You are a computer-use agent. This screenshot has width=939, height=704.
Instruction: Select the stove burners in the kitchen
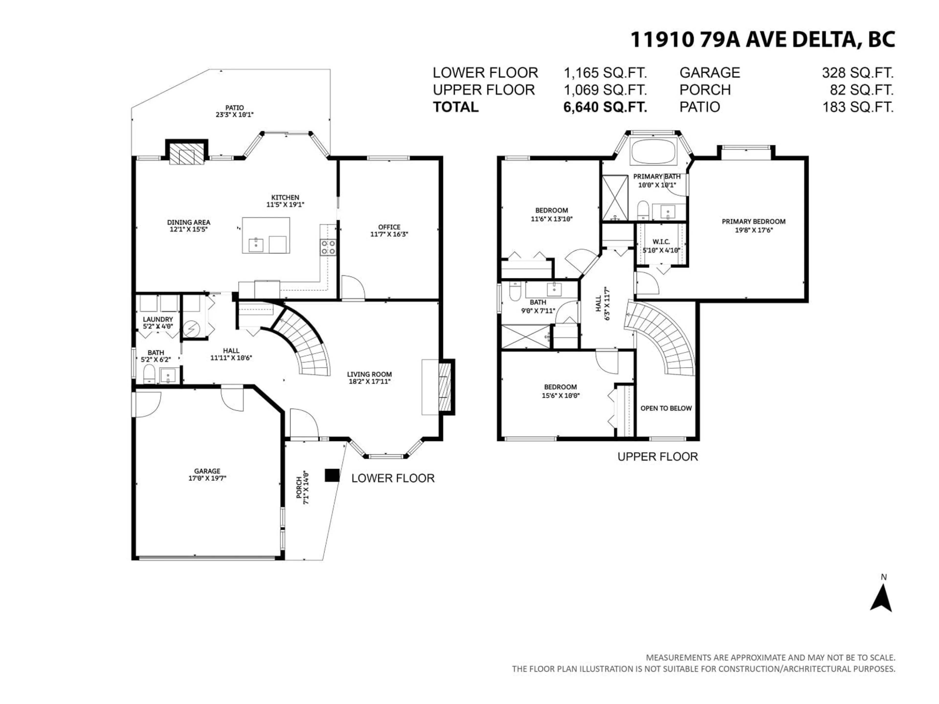tap(328, 247)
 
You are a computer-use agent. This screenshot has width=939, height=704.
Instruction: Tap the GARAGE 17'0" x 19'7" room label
tap(207, 474)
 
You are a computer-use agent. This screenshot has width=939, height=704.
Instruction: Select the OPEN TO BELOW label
tap(666, 408)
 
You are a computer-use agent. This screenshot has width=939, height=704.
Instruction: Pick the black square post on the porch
tap(332, 475)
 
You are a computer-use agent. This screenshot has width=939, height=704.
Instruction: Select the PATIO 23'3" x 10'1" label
tap(234, 111)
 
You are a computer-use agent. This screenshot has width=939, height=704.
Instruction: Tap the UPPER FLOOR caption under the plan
tap(658, 457)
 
